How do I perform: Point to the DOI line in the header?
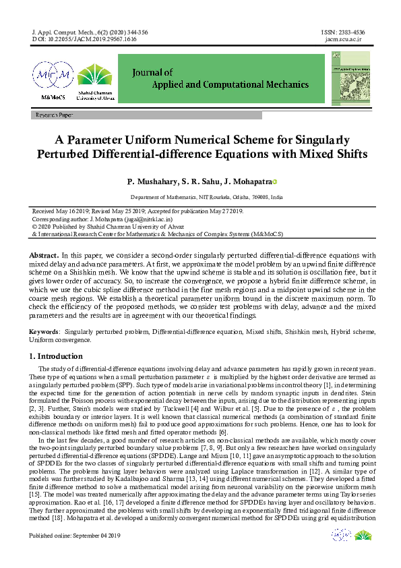coord(84,40)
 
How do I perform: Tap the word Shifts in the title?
coord(347,154)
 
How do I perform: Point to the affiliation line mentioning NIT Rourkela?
coord(206,198)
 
